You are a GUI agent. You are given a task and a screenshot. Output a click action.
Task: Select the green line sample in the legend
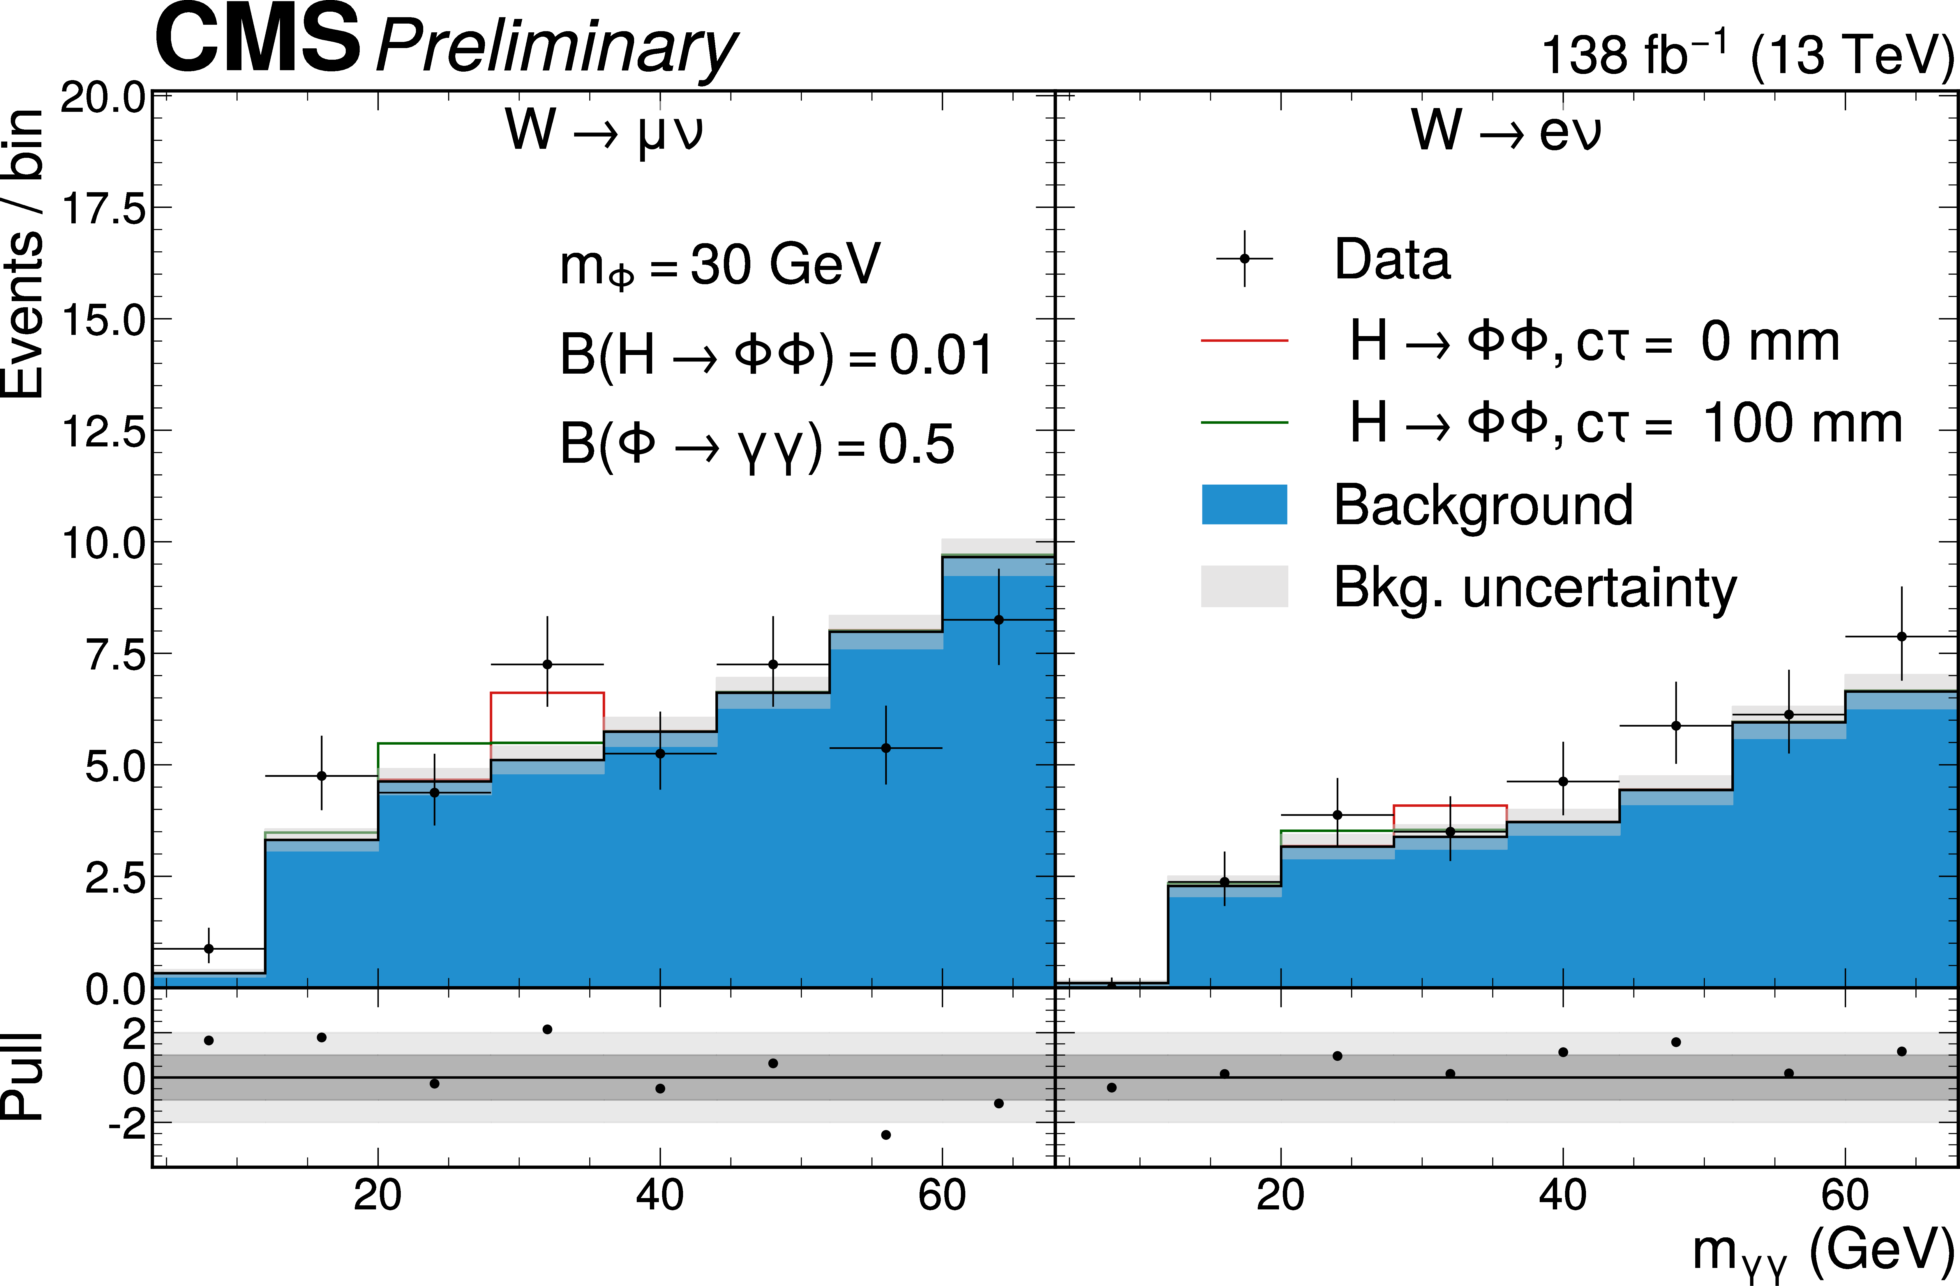coord(1244,422)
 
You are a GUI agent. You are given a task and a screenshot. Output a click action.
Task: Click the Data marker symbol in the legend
coord(1244,259)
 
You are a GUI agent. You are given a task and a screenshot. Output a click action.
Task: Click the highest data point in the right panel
coord(1901,636)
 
